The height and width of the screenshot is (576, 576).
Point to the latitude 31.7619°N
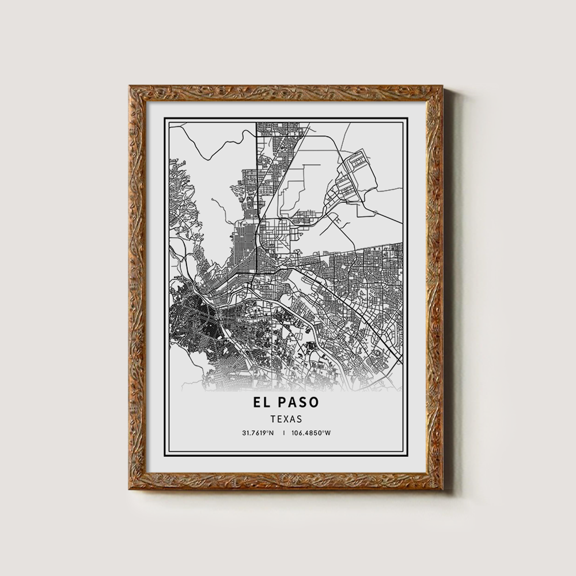click(x=259, y=433)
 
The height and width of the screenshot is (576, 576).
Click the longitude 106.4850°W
click(x=311, y=433)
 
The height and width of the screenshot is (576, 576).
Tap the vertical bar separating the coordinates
click(x=283, y=433)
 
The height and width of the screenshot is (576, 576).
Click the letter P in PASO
click(x=283, y=401)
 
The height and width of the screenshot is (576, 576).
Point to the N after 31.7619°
click(x=272, y=433)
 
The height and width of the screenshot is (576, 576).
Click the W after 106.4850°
click(x=328, y=433)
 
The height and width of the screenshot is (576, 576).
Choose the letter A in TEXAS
click(x=293, y=419)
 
